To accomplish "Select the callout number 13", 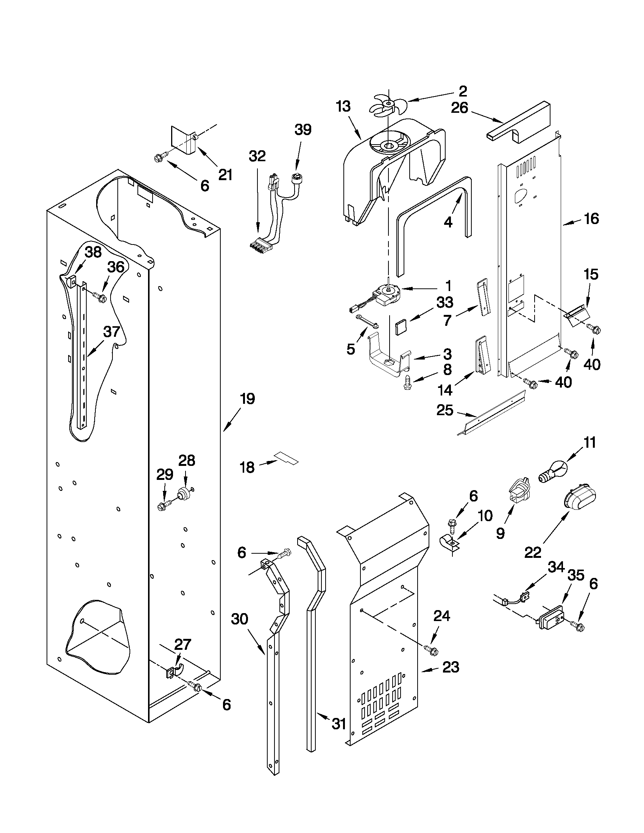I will [343, 107].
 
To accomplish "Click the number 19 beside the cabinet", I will [247, 399].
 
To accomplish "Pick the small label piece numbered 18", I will [287, 458].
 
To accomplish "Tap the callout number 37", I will [112, 332].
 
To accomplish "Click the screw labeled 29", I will [163, 506].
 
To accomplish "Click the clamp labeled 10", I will [449, 543].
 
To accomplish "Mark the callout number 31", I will [338, 724].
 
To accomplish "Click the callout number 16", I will [591, 219].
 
